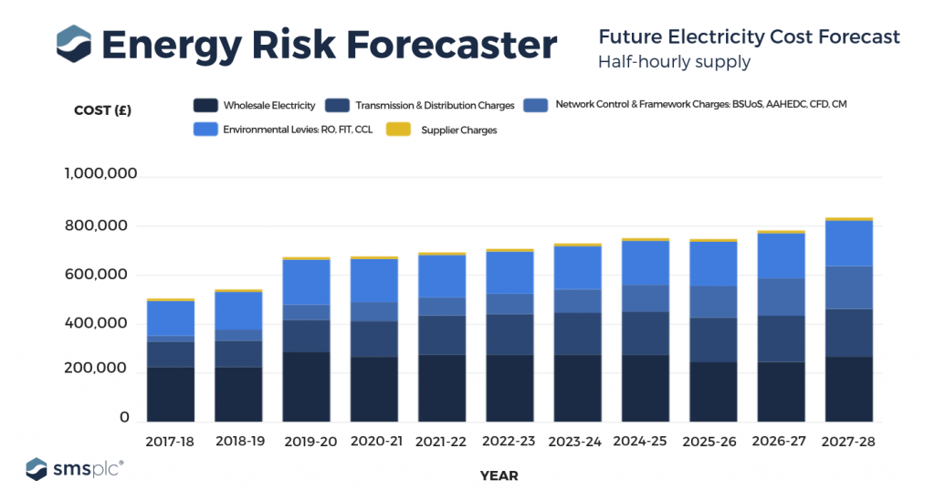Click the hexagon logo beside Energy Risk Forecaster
point(73,44)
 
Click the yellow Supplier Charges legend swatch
point(395,130)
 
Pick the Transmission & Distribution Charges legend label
point(435,106)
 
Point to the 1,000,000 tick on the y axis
point(100,174)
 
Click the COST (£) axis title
point(102,112)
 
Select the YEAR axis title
point(499,475)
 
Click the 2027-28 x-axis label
point(848,441)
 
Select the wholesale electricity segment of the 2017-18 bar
point(170,393)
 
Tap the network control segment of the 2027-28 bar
point(848,287)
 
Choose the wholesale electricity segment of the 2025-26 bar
point(712,391)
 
